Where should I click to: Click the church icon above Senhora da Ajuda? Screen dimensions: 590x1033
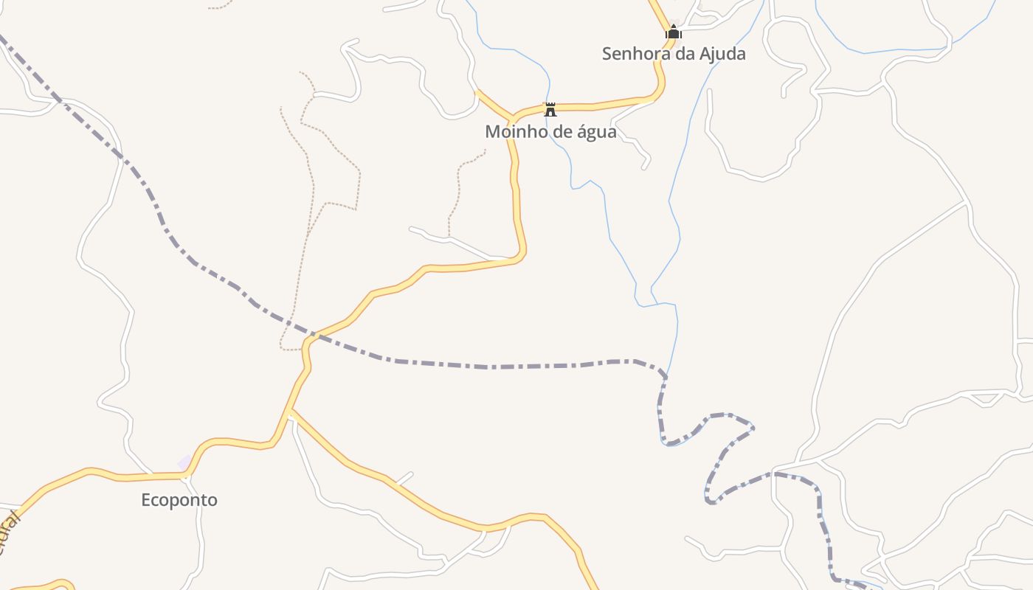(x=674, y=32)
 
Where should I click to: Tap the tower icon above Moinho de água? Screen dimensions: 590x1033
(x=550, y=110)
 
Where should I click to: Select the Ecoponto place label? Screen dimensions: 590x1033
(x=179, y=500)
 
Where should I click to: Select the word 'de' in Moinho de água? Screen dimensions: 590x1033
(x=558, y=132)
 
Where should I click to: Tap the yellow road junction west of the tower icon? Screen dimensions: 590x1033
(x=512, y=118)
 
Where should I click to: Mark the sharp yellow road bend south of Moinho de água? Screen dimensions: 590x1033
(x=522, y=254)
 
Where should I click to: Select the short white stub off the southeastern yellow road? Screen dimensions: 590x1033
(x=404, y=478)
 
